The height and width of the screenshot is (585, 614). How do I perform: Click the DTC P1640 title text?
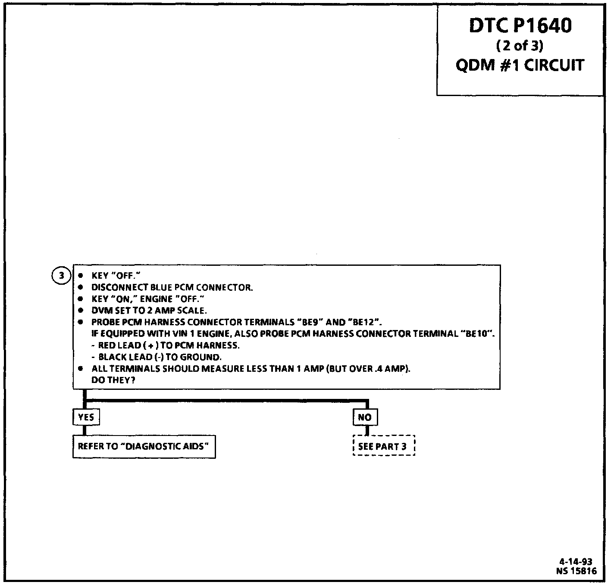point(520,26)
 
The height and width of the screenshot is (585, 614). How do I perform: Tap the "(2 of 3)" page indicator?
point(520,46)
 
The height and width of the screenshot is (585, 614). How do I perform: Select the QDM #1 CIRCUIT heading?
point(520,65)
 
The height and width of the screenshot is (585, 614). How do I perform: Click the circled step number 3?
point(62,275)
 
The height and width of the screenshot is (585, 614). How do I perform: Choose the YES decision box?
point(86,417)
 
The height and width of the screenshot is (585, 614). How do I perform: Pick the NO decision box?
point(365,417)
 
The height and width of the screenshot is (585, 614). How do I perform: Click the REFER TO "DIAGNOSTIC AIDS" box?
point(144,446)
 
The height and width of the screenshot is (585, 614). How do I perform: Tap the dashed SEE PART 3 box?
point(383,446)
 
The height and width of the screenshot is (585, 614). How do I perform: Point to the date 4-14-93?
point(575,561)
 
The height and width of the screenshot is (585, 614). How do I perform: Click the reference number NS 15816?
point(576,571)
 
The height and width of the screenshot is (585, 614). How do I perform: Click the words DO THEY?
point(110,381)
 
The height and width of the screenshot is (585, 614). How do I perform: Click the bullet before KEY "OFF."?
point(81,276)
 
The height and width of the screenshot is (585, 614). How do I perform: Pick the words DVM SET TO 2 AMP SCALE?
point(149,311)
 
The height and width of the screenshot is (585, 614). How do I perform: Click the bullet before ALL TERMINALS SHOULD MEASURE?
point(81,369)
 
